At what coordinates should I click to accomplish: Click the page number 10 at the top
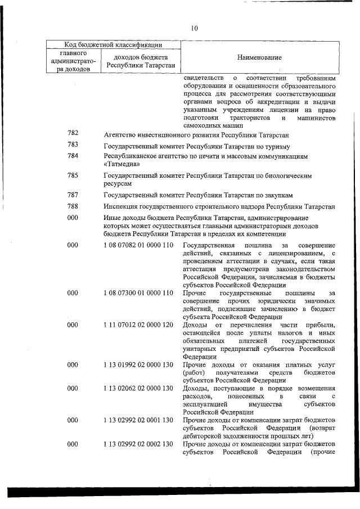click(194, 29)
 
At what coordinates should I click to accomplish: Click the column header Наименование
click(259, 57)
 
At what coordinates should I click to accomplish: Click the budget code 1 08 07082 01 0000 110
click(138, 246)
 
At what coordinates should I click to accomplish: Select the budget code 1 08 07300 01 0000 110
click(138, 293)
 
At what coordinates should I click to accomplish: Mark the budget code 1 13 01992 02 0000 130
click(138, 364)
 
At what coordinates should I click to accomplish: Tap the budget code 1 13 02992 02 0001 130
click(138, 420)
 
